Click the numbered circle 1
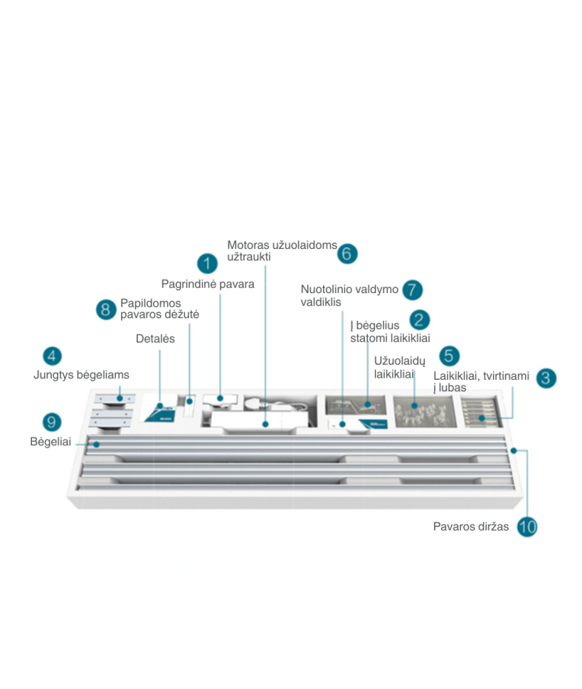tap(207, 263)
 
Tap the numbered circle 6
tap(347, 254)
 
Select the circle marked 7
tap(412, 290)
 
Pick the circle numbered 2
tap(419, 320)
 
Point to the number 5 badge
tap(449, 356)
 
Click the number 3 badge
tap(546, 378)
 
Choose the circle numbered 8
tap(106, 309)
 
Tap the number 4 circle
tap(52, 356)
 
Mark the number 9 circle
tap(52, 423)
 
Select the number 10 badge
tap(527, 526)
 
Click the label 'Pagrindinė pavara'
tap(207, 284)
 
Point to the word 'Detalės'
tap(155, 339)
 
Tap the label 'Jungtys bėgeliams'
tap(82, 375)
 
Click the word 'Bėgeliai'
tap(50, 442)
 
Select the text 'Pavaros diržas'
tap(471, 526)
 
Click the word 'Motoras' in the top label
tap(248, 244)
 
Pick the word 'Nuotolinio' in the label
tap(326, 289)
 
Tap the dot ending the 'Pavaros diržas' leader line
tap(513, 451)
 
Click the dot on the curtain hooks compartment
tap(414, 406)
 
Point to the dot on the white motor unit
tap(266, 424)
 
